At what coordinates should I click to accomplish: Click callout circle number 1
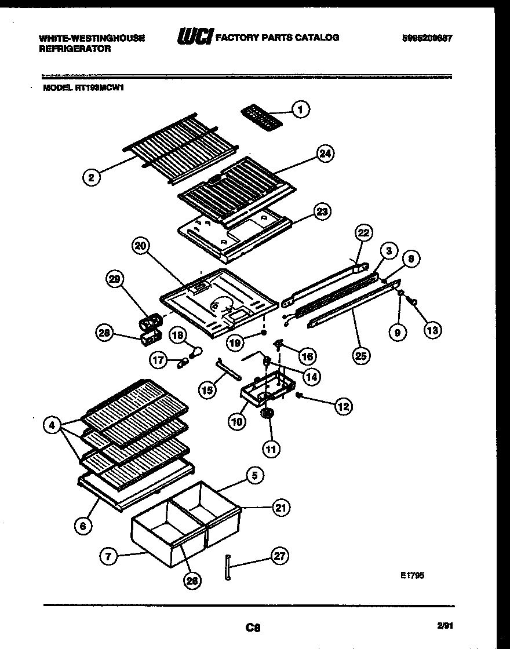tap(300, 108)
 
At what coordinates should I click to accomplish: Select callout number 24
tap(326, 154)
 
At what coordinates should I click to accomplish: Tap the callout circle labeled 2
tap(90, 177)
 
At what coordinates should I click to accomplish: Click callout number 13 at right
tap(432, 330)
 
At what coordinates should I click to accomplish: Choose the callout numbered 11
tap(271, 447)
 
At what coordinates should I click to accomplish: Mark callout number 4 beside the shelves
tap(53, 425)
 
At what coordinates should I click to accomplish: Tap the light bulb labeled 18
tap(196, 350)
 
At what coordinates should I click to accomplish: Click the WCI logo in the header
tap(195, 37)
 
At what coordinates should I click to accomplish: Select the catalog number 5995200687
tap(427, 38)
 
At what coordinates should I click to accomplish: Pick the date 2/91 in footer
tap(445, 626)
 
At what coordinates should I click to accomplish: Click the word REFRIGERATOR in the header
tap(75, 49)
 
